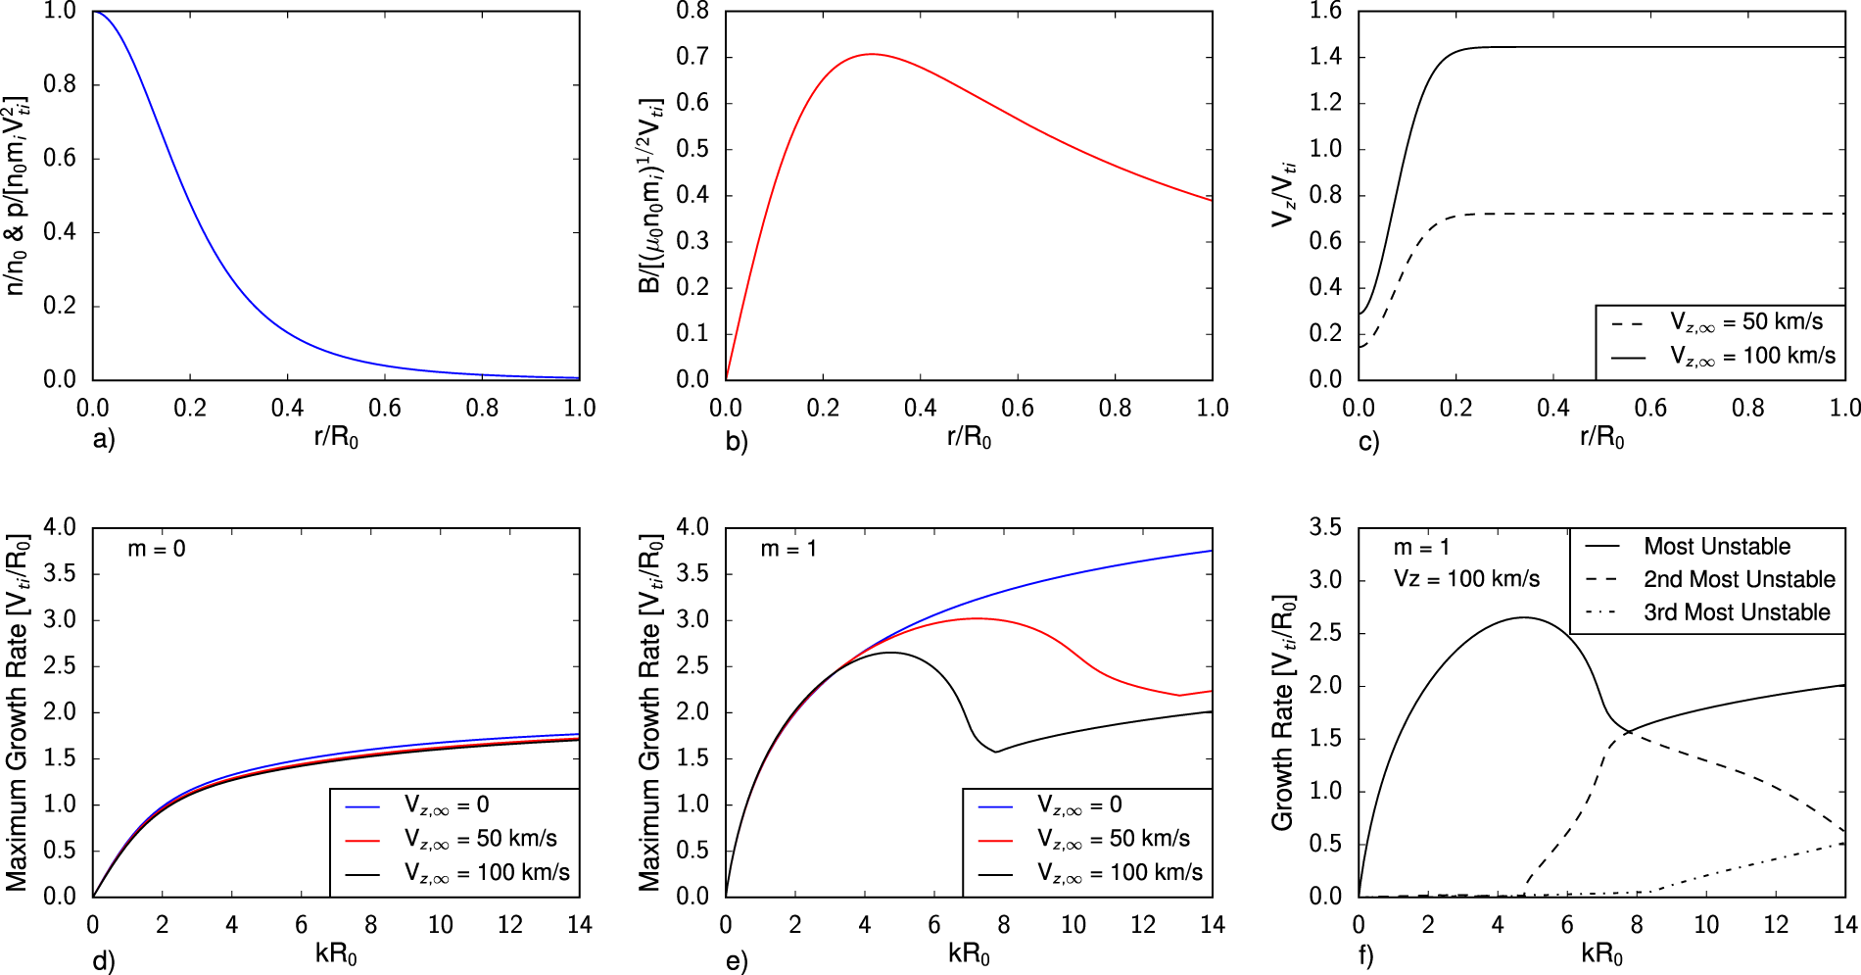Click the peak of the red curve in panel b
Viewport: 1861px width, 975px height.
coord(871,54)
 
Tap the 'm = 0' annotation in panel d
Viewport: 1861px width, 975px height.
coord(157,549)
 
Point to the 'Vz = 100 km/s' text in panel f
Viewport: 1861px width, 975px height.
coord(1466,579)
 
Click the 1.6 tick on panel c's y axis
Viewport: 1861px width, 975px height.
coord(1324,11)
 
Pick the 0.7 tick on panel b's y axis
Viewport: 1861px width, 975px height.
coord(692,57)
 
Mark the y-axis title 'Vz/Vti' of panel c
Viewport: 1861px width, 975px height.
coord(1283,194)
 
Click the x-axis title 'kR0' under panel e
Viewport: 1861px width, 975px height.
coord(968,953)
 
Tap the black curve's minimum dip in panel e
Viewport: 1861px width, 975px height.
coord(996,752)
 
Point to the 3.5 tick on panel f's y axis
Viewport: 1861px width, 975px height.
coord(1324,527)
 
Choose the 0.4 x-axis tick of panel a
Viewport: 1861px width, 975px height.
coord(287,408)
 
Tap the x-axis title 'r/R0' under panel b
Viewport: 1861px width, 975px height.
coord(968,437)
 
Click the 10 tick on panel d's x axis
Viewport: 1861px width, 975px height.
coord(440,924)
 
